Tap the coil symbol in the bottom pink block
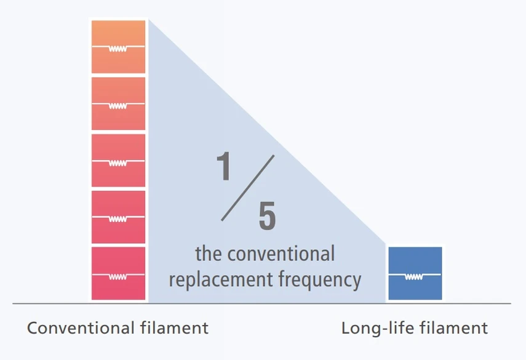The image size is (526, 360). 118,276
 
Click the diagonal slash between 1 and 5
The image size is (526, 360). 247,188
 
